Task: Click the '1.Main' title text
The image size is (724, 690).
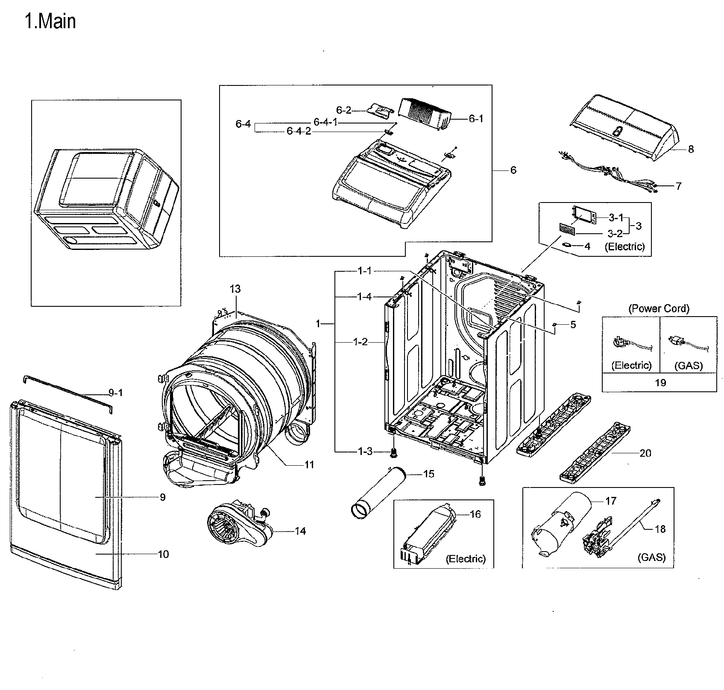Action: pos(50,21)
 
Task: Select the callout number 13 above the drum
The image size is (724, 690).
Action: pos(235,289)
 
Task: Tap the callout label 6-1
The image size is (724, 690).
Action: pos(476,119)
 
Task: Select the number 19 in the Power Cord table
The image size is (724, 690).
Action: pos(660,383)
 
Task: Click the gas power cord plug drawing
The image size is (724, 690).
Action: pos(679,341)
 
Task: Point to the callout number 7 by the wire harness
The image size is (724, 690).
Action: pos(679,186)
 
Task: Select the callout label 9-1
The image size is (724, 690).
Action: pos(116,393)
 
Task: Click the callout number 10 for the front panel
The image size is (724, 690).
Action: pos(163,555)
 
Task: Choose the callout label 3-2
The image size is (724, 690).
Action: pos(615,234)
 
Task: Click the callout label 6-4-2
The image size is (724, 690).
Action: pos(299,131)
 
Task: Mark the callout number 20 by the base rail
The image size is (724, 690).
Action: pos(645,453)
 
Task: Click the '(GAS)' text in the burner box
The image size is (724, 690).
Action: pos(651,558)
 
